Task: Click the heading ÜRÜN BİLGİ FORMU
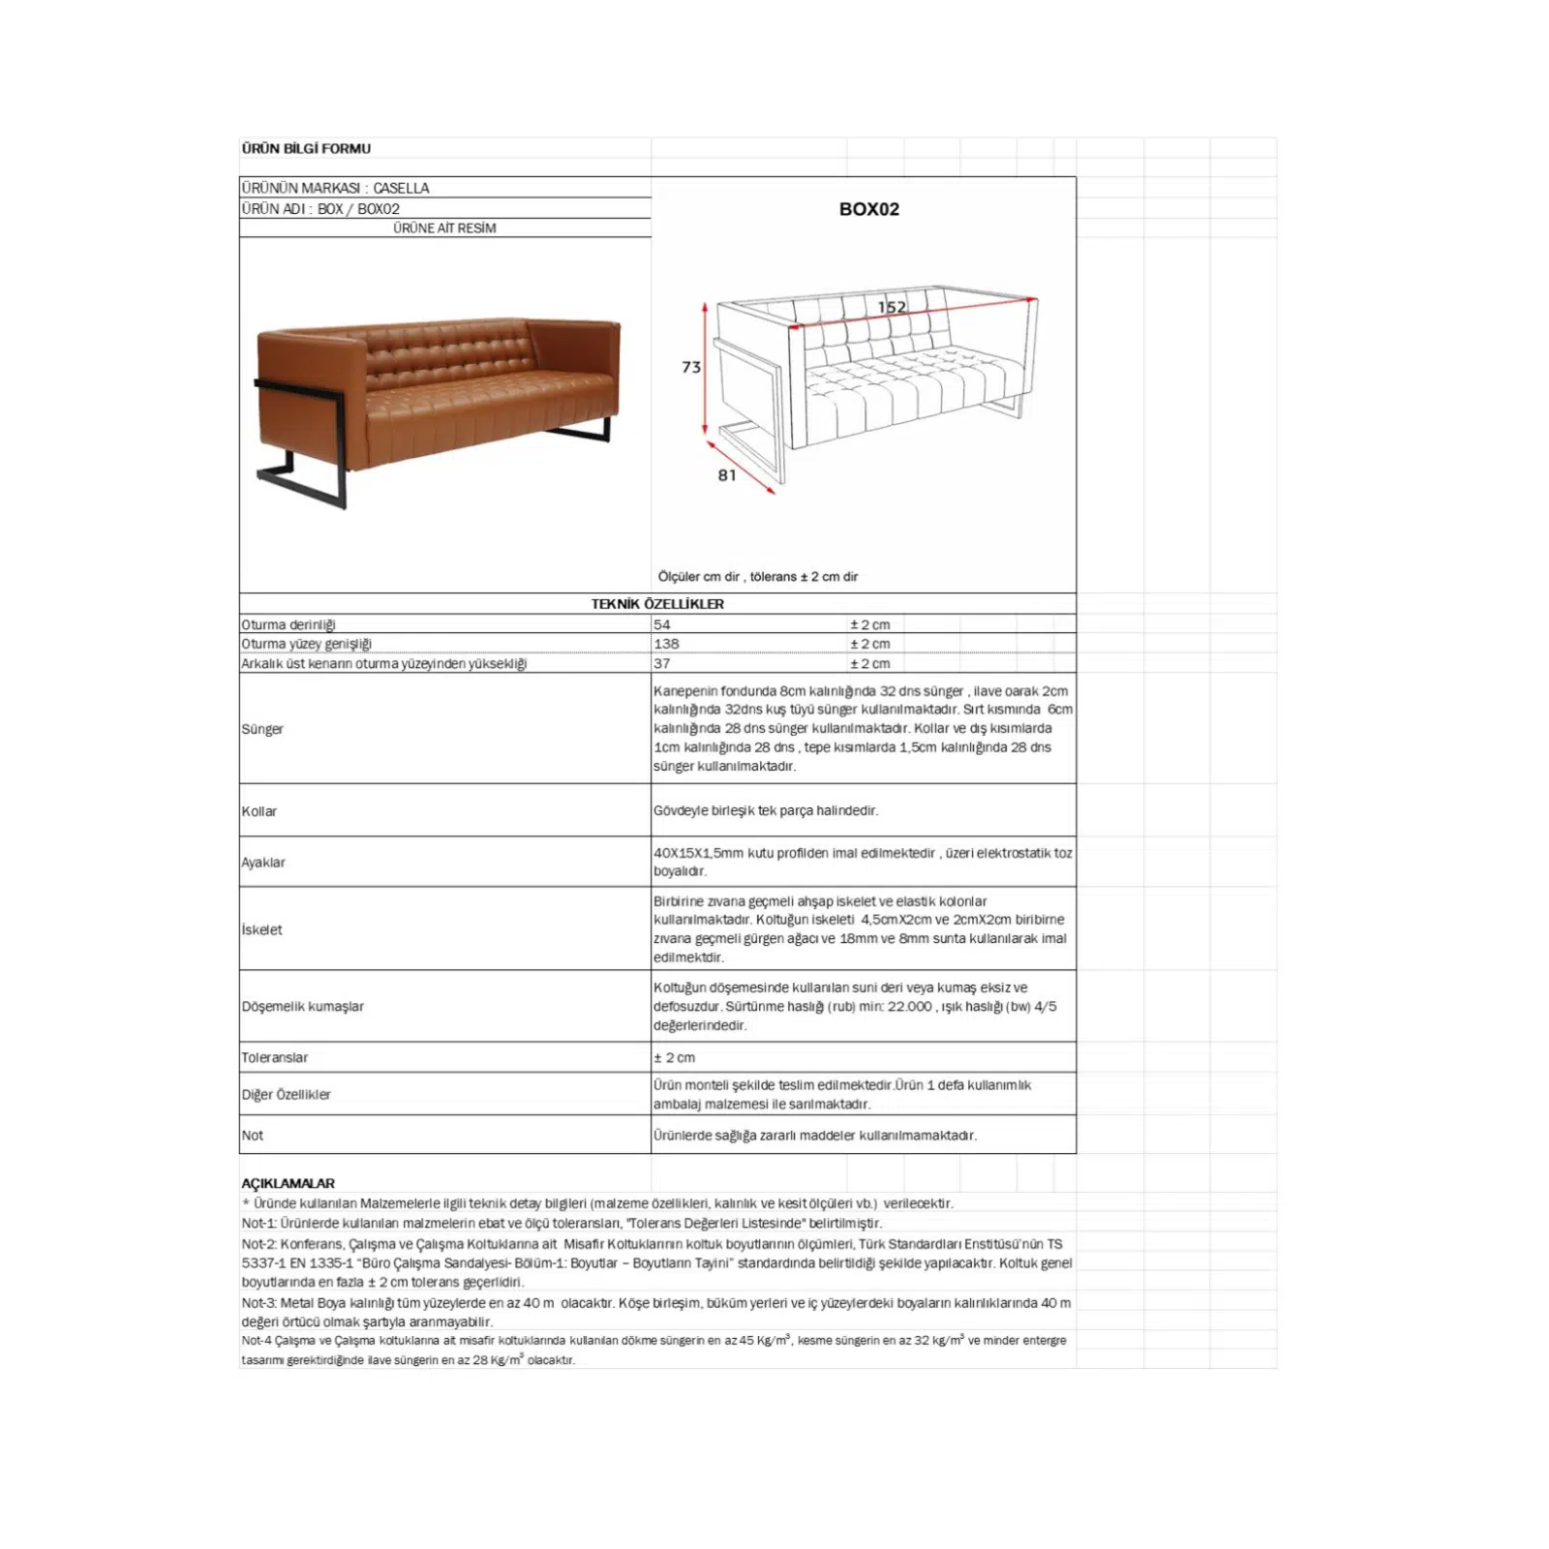[306, 148]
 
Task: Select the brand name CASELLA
[401, 188]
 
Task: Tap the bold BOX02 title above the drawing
[868, 209]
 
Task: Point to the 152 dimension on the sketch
[892, 307]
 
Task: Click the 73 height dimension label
[690, 367]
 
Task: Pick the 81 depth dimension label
[727, 474]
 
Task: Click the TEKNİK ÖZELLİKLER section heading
[657, 603]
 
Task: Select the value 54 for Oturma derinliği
[662, 624]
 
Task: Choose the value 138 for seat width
[666, 644]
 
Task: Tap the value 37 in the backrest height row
[662, 663]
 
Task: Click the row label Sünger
[262, 729]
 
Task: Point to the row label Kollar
[259, 811]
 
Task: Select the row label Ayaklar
[263, 863]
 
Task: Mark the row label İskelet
[262, 929]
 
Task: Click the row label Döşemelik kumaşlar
[303, 1007]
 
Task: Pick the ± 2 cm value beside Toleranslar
[674, 1057]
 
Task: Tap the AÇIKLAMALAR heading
[288, 1183]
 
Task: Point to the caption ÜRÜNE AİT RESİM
[444, 228]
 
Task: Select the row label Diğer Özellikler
[286, 1095]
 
